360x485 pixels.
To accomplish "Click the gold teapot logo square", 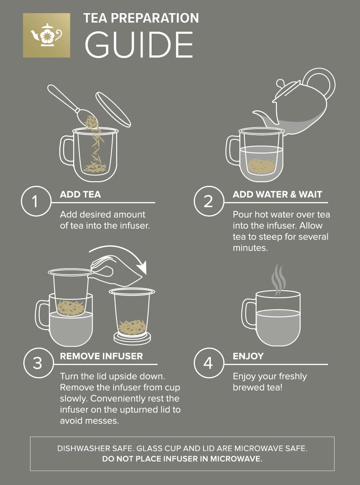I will tap(47, 35).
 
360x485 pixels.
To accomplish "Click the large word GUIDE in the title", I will tap(139, 45).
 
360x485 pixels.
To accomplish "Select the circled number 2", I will tap(208, 201).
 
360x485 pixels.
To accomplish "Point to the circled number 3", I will tap(38, 363).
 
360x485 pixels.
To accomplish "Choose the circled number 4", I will tap(208, 363).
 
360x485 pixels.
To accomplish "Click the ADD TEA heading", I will tap(80, 194).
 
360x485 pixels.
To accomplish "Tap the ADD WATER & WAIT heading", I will tap(277, 194).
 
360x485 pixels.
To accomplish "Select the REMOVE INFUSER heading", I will tap(101, 356).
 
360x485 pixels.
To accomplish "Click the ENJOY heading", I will tap(248, 356).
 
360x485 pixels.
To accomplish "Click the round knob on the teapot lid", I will tap(280, 84).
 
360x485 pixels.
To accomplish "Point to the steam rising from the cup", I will tap(278, 279).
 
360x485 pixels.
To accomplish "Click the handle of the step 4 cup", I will tap(249, 314).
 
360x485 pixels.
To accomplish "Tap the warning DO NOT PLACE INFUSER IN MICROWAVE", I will tap(182, 459).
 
